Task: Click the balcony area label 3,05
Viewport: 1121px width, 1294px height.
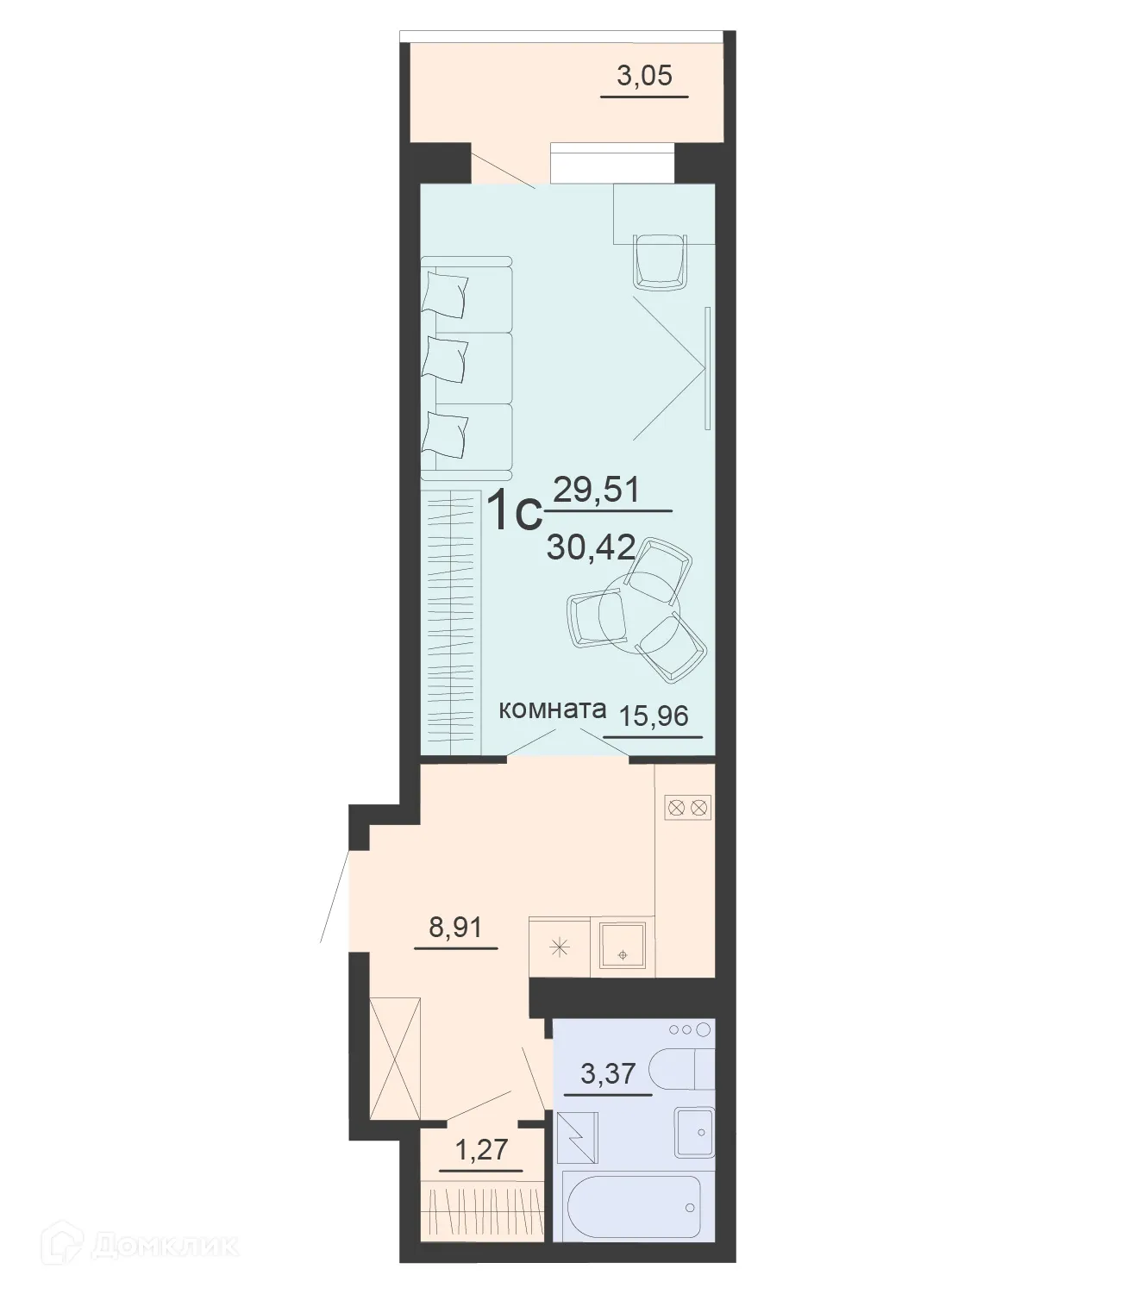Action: point(644,77)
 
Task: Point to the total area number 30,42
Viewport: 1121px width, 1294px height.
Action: point(591,547)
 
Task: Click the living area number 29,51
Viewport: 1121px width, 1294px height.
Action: point(596,491)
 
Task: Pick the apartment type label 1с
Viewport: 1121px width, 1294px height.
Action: point(514,512)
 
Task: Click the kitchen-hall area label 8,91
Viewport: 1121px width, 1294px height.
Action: point(455,928)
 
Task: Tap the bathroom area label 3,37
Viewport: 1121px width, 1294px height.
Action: point(607,1074)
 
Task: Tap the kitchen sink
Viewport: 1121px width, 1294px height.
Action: point(622,948)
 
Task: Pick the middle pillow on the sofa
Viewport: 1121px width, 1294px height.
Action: point(446,359)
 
